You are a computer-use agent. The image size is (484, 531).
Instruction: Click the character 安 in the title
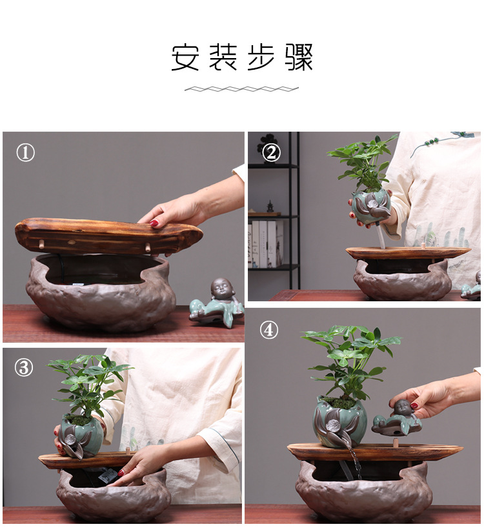[x=185, y=57]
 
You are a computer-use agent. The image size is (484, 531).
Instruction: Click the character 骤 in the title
[x=299, y=57]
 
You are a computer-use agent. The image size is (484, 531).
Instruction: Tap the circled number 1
[x=26, y=152]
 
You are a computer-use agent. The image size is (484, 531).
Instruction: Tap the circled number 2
[x=271, y=153]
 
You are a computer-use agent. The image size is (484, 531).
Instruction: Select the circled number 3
[x=24, y=367]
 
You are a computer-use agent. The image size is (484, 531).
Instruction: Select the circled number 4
[x=269, y=330]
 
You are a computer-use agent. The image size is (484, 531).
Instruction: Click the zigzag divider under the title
[x=241, y=89]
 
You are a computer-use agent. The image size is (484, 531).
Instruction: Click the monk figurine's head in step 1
[x=221, y=289]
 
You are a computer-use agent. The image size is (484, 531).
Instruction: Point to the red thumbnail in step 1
[x=154, y=223]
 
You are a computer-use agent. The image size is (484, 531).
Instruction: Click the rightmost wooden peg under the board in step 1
[x=148, y=248]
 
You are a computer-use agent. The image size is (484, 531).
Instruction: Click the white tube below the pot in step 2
[x=381, y=235]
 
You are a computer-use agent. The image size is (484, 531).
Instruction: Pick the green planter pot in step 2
[x=371, y=207]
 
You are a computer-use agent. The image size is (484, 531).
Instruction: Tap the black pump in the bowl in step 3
[x=108, y=475]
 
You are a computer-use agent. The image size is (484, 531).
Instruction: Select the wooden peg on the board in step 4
[x=395, y=442]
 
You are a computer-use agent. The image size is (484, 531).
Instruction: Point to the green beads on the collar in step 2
[x=433, y=141]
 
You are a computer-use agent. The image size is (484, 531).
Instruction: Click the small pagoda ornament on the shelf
[x=270, y=206]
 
